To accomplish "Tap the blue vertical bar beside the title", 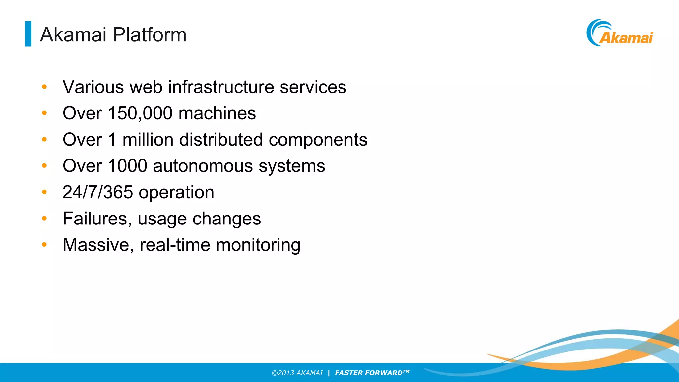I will pyautogui.click(x=28, y=34).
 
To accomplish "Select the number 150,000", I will pyautogui.click(x=140, y=113).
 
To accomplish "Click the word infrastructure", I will pyautogui.click(x=221, y=87).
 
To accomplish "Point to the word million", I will pyautogui.click(x=148, y=140).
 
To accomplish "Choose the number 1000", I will pyautogui.click(x=127, y=166).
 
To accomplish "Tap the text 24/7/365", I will pyautogui.click(x=97, y=192).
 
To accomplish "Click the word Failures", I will pyautogui.click(x=97, y=219).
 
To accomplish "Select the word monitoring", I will pyautogui.click(x=258, y=245).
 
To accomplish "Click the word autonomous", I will pyautogui.click(x=203, y=166).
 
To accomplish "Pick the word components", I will pyautogui.click(x=318, y=140).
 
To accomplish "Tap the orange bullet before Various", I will pyautogui.click(x=44, y=87).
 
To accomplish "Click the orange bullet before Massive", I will pyautogui.click(x=44, y=245).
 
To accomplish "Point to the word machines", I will pyautogui.click(x=217, y=113).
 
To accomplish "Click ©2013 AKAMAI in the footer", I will pyautogui.click(x=297, y=373).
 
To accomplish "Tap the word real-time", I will pyautogui.click(x=175, y=245).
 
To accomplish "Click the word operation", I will pyautogui.click(x=176, y=193).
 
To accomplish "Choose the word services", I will pyautogui.click(x=313, y=87).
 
